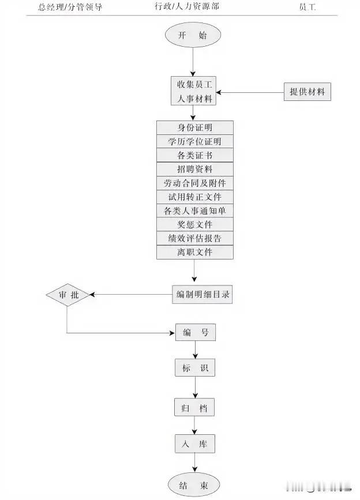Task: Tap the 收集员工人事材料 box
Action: coord(194,91)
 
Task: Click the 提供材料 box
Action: coord(307,92)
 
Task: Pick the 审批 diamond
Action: coord(67,295)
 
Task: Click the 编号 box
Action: coord(195,332)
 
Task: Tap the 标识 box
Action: coord(195,368)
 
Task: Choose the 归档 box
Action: coord(195,408)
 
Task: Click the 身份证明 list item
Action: coord(195,127)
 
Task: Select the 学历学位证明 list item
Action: coord(195,141)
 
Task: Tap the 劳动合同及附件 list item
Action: coord(195,183)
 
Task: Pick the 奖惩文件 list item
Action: coord(195,224)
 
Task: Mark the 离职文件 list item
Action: coord(195,252)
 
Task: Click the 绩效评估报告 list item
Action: coord(195,238)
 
